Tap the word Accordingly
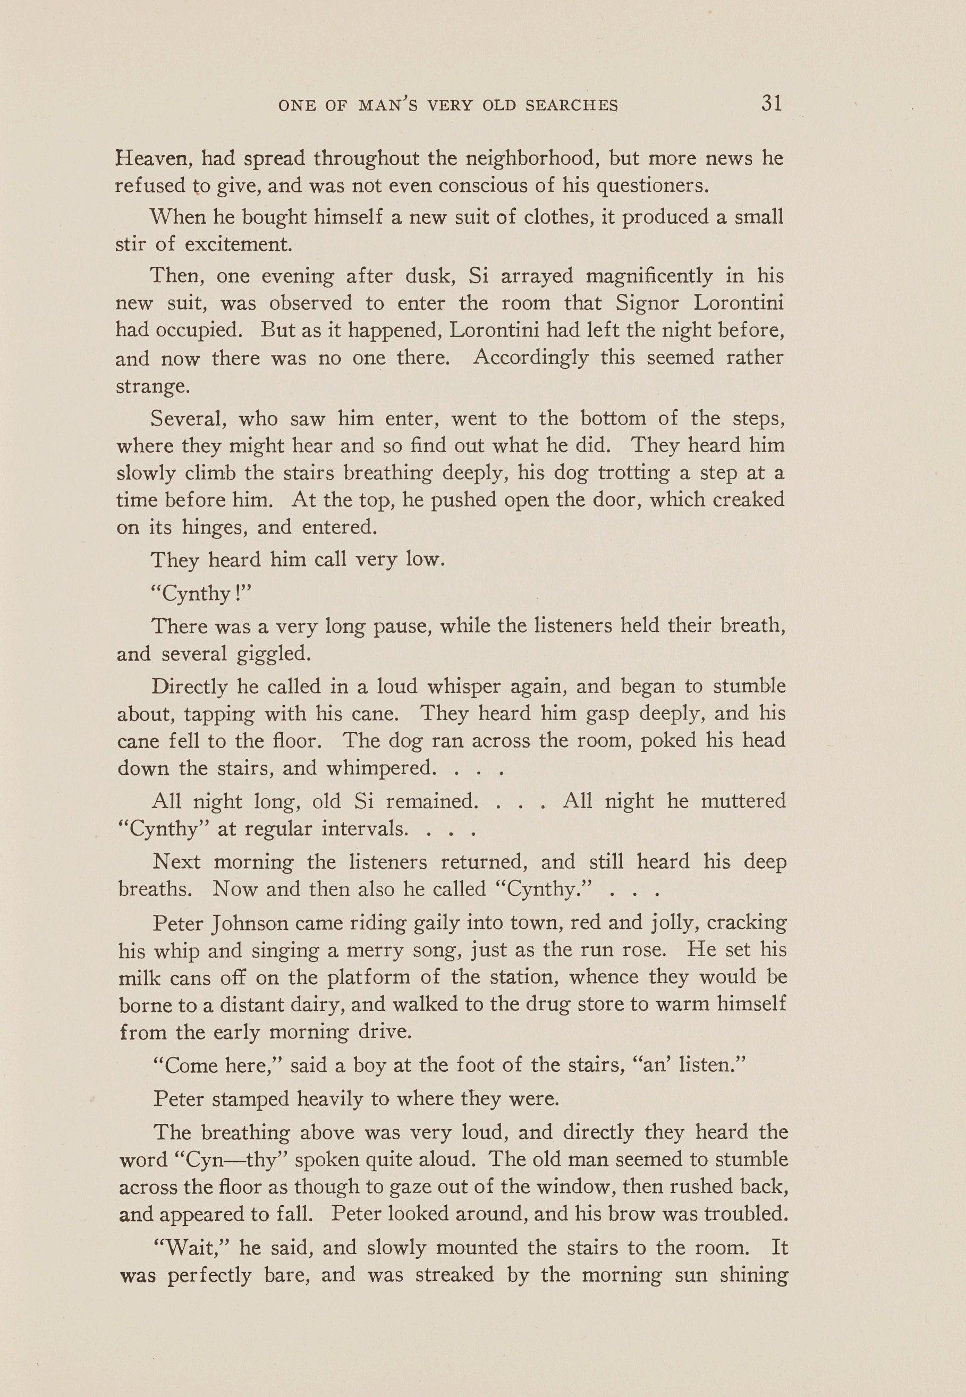[531, 357]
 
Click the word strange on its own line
[152, 386]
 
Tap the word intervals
[364, 828]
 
